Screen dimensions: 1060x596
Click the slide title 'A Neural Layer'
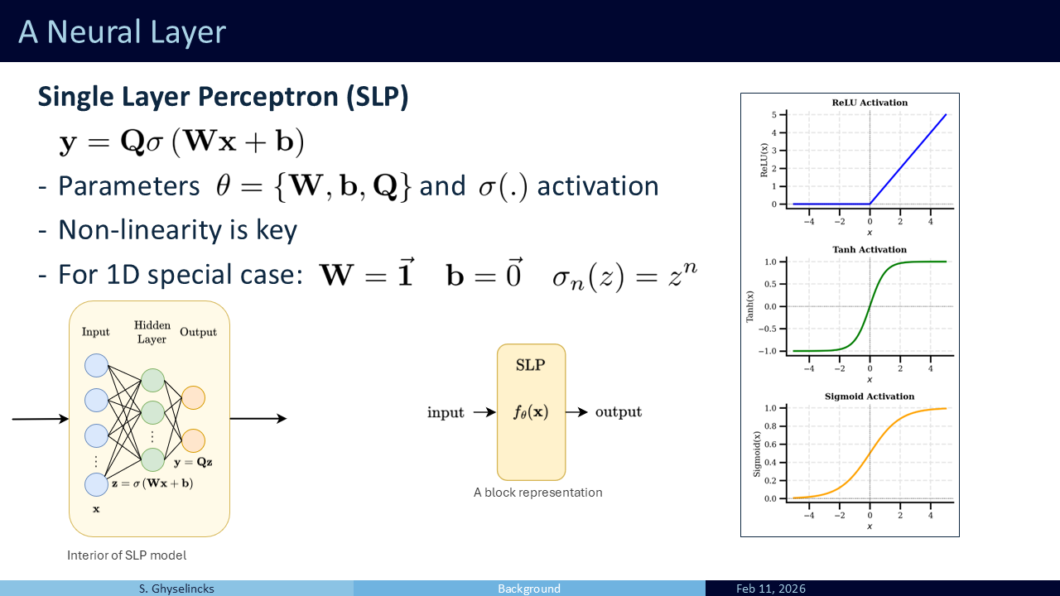[x=122, y=32]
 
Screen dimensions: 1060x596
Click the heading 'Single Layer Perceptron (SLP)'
[x=223, y=97]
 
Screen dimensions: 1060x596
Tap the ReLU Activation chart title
[x=870, y=103]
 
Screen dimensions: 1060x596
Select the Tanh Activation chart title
[x=870, y=250]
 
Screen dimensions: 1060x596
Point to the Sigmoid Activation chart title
[x=870, y=397]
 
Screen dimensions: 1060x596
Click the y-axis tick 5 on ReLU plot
[x=774, y=114]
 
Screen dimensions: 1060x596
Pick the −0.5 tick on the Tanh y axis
[x=768, y=329]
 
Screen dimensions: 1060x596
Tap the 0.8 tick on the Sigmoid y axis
[x=771, y=426]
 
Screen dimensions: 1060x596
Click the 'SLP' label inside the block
[x=531, y=365]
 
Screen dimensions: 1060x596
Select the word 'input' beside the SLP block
[x=446, y=412]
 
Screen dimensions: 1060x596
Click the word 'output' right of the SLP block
[x=619, y=412]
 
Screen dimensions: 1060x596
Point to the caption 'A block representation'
[x=538, y=493]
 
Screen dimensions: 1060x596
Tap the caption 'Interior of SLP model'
[x=127, y=555]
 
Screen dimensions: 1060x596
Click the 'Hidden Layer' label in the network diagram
[x=152, y=332]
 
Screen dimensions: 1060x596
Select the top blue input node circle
[x=96, y=366]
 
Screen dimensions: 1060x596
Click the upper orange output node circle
[x=193, y=397]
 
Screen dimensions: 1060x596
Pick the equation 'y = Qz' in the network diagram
[x=193, y=462]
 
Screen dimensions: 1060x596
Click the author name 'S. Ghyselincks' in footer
[x=176, y=589]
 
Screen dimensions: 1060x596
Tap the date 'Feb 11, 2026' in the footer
[x=771, y=589]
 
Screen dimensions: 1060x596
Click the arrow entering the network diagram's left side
[x=41, y=419]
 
